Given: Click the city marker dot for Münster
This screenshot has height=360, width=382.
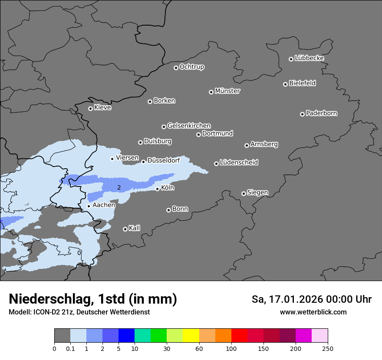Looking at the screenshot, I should (211, 92).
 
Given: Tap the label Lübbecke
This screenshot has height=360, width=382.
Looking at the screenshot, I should (309, 58).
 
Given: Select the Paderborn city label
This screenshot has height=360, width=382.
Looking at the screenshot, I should (321, 113).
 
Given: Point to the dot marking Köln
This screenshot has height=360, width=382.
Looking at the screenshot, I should (158, 189).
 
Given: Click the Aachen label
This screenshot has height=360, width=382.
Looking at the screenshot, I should (104, 205).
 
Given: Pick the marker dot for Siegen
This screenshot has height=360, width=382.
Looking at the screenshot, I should (244, 193).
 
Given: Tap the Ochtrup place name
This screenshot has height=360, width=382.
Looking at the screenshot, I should (191, 67).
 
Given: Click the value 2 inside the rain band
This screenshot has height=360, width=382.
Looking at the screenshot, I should (119, 187).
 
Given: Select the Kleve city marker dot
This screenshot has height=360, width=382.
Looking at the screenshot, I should (90, 108).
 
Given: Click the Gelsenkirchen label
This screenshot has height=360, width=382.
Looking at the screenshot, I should (189, 126).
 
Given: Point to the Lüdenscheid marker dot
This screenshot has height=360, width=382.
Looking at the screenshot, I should (216, 164).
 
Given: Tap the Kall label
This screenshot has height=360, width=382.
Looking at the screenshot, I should (134, 228).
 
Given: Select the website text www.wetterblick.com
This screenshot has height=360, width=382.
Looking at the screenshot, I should (313, 312).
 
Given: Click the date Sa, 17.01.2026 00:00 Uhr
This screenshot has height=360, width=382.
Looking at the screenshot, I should (311, 299).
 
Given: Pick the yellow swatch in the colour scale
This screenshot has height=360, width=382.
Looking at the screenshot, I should (191, 336).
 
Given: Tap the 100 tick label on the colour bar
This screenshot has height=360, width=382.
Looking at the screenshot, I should (231, 348).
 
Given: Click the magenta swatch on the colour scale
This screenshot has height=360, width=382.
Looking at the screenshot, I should (303, 336).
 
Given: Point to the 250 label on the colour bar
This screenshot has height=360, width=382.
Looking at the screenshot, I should (328, 348).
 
